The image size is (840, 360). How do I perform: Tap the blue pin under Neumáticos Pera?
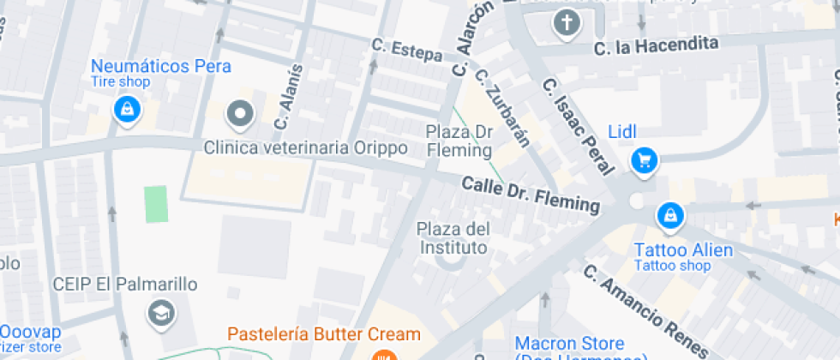(127, 109)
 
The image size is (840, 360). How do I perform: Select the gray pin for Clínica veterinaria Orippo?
(241, 113)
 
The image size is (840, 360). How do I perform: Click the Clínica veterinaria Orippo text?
(305, 148)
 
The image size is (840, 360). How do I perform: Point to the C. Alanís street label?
(288, 96)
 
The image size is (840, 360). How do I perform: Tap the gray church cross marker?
(566, 23)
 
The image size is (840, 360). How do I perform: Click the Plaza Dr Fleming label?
(460, 141)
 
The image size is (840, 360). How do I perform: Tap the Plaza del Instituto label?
(453, 238)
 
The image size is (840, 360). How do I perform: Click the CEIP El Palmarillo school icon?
(160, 314)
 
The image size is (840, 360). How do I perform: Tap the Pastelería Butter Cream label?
(324, 334)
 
